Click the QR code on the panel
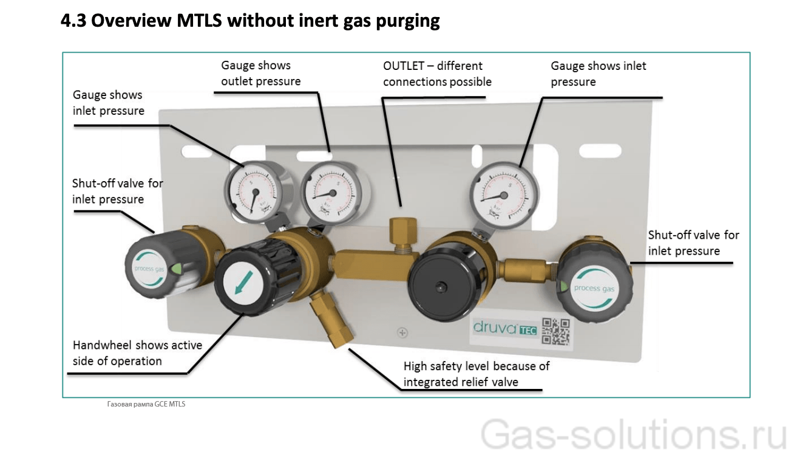point(555,332)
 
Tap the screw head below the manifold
point(402,332)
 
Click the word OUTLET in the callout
point(403,66)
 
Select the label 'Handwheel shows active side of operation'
point(137,353)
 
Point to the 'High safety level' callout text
point(477,374)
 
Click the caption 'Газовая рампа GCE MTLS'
point(146,404)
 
